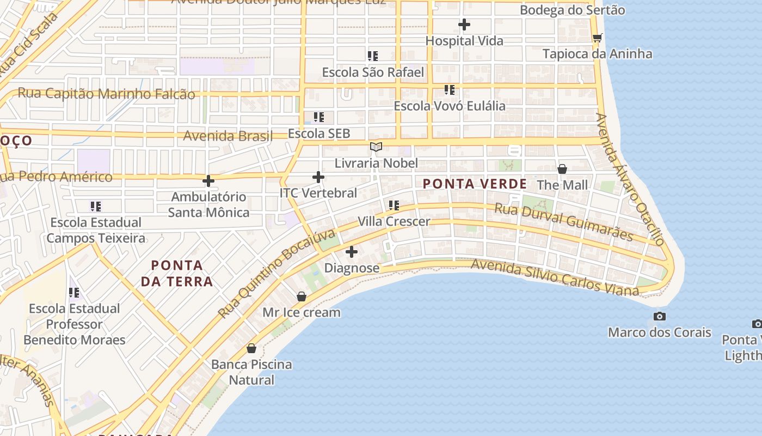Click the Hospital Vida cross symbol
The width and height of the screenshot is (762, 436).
pyautogui.click(x=464, y=25)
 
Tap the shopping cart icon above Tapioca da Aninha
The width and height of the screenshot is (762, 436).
pyautogui.click(x=597, y=38)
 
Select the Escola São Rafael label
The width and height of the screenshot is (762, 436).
pyautogui.click(x=373, y=72)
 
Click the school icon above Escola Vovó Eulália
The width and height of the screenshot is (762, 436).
pyautogui.click(x=449, y=89)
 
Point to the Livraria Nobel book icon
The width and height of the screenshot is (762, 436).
pyautogui.click(x=376, y=147)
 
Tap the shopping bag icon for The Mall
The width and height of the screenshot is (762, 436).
pyautogui.click(x=562, y=169)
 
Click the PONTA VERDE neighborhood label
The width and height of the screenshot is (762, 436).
pyautogui.click(x=475, y=184)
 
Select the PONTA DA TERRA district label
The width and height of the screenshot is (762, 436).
pyautogui.click(x=177, y=274)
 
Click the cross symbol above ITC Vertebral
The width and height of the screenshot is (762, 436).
pyautogui.click(x=318, y=177)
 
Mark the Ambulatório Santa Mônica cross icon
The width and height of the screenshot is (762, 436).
pyautogui.click(x=208, y=181)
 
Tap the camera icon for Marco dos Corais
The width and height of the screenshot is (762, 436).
pyautogui.click(x=660, y=316)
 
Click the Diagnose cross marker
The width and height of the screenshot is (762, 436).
pyautogui.click(x=352, y=252)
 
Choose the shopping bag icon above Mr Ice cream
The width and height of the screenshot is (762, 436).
pyautogui.click(x=302, y=296)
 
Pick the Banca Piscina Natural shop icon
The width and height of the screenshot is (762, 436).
pyautogui.click(x=251, y=348)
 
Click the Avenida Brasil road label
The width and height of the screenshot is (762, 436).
pyautogui.click(x=228, y=136)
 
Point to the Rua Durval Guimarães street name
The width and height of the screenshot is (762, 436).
pyautogui.click(x=563, y=222)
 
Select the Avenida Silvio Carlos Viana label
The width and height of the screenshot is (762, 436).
pyautogui.click(x=554, y=277)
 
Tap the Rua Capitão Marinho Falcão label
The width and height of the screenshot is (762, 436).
pyautogui.click(x=106, y=93)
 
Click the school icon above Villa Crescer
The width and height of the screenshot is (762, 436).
pyautogui.click(x=394, y=205)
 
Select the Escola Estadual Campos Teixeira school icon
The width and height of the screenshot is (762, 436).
pyautogui.click(x=96, y=206)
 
